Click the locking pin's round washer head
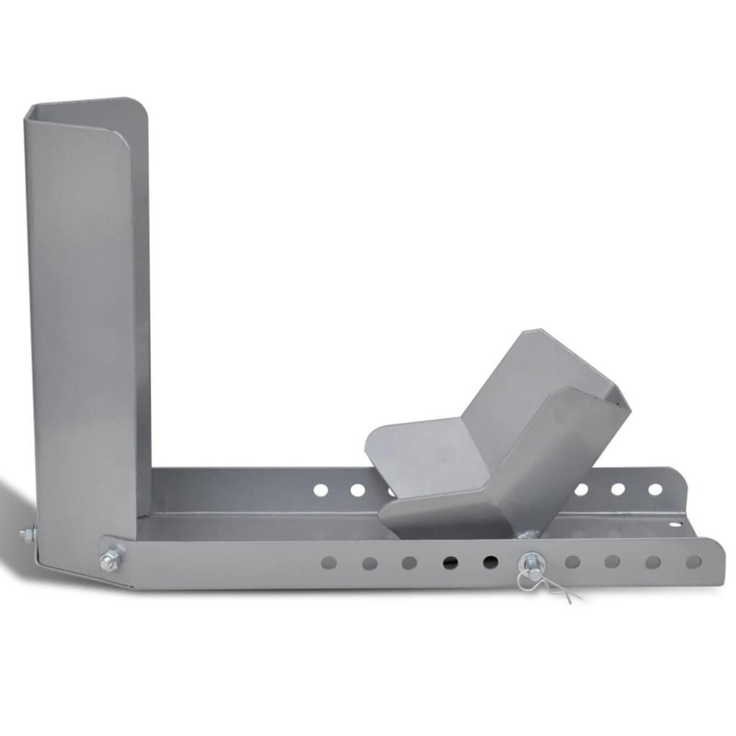528,561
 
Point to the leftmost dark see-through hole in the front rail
451,562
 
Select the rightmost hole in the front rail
694,561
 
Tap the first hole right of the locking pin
572,561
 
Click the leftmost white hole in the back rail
320,490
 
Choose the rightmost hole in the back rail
655,489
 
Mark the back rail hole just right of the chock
581,489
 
